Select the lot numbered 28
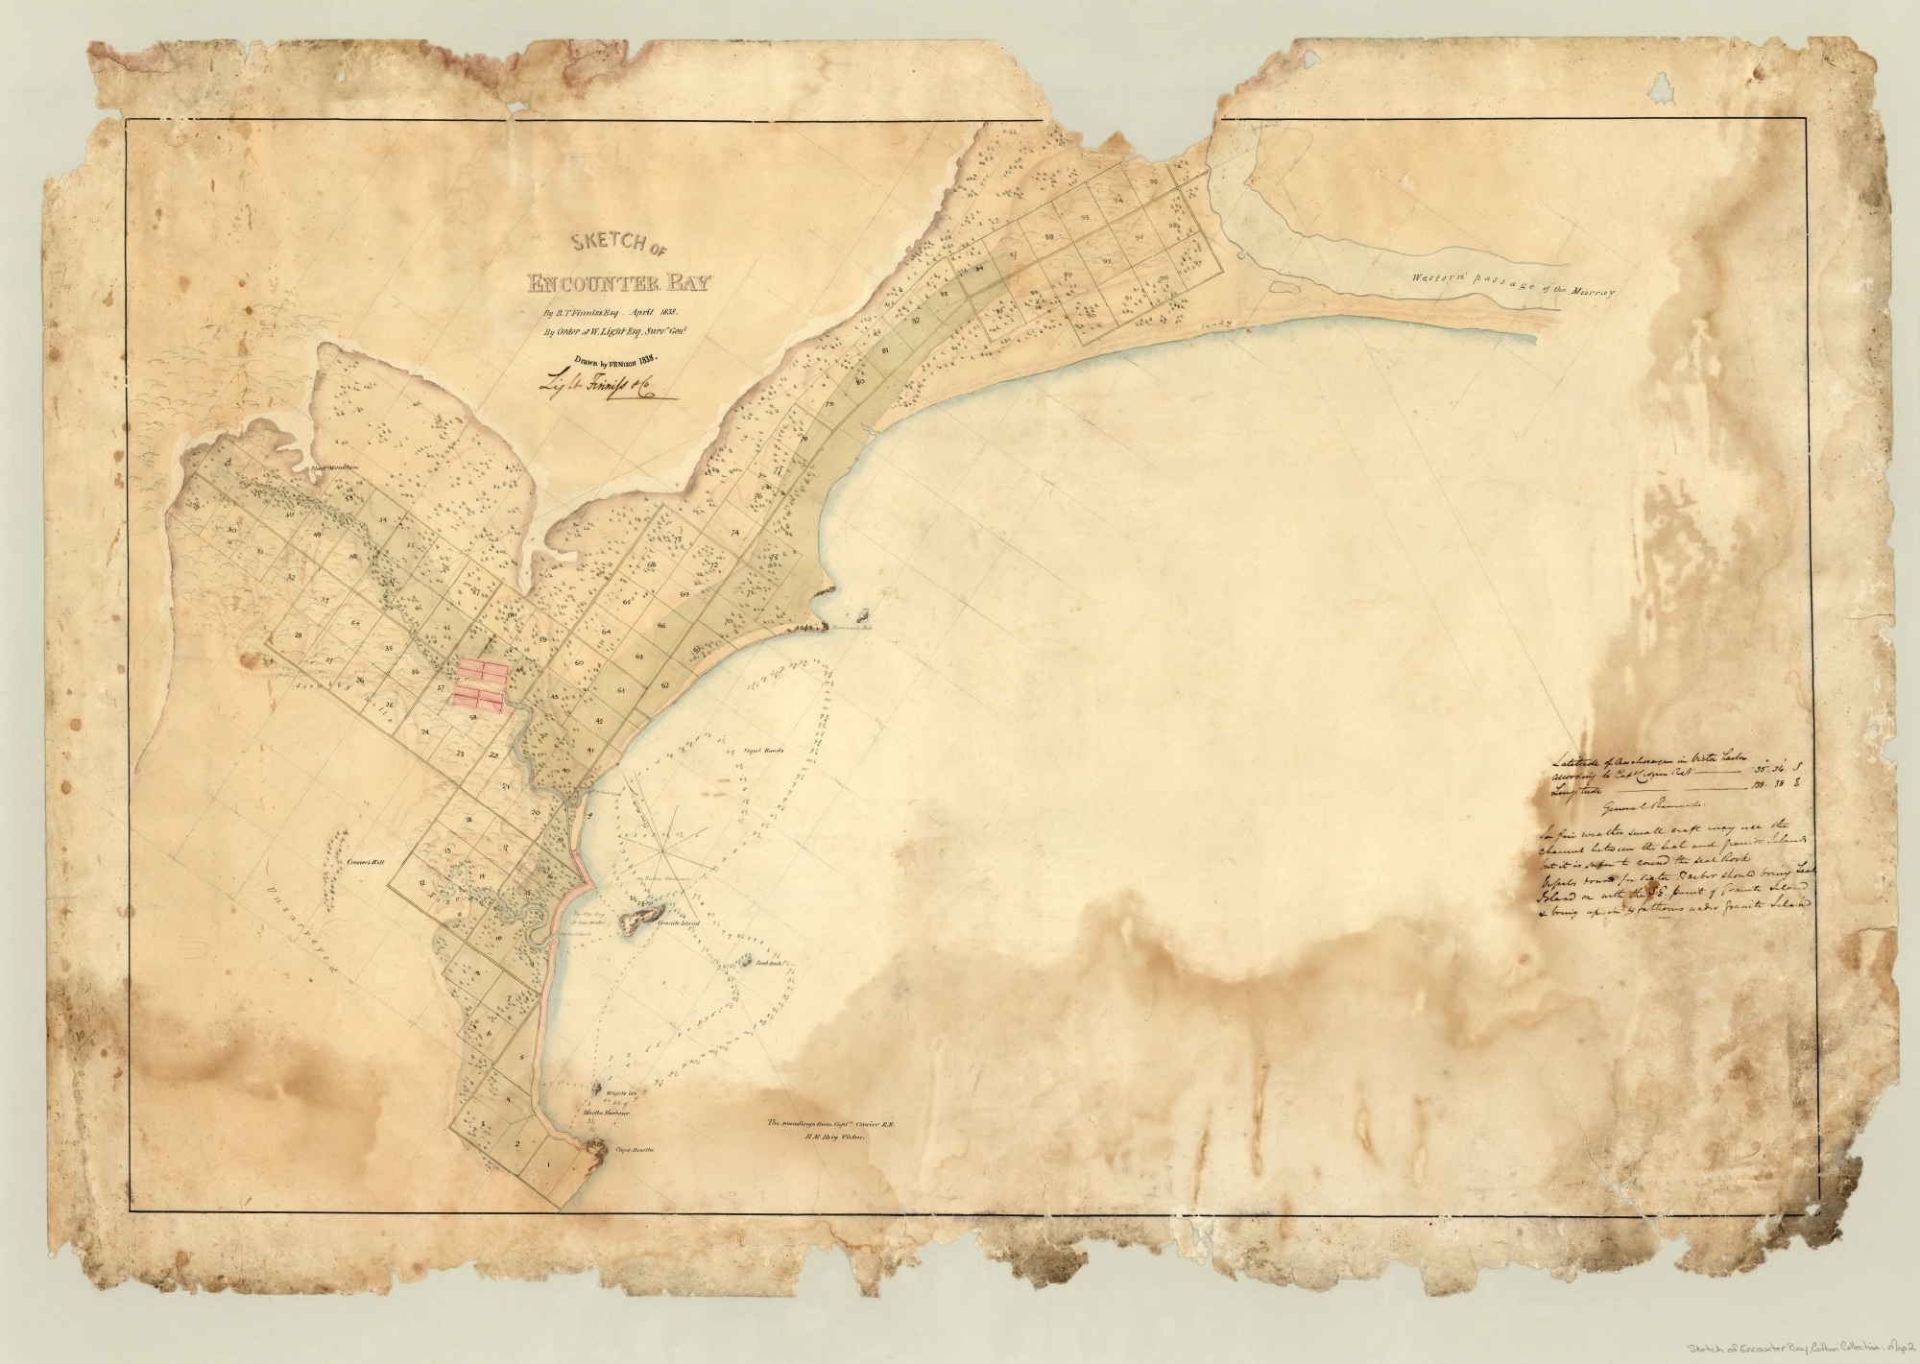point(299,635)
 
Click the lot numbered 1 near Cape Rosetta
point(548,1164)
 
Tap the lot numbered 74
point(734,532)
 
